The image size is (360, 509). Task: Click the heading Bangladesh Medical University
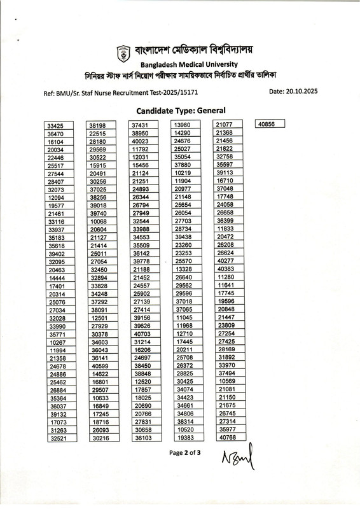(189, 64)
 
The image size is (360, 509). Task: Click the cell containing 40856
(269, 125)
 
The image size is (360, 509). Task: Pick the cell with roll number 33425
(60, 126)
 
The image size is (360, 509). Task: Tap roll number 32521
(60, 438)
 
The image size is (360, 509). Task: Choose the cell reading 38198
(102, 126)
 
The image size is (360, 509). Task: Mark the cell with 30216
(102, 438)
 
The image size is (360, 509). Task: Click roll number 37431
(144, 125)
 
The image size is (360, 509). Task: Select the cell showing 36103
(144, 438)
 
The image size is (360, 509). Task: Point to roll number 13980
(186, 125)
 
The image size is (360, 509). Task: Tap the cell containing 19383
(186, 438)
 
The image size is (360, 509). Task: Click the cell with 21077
(228, 125)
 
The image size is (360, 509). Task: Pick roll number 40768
(228, 437)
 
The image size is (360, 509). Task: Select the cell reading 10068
(102, 221)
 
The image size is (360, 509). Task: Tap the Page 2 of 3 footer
(184, 454)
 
